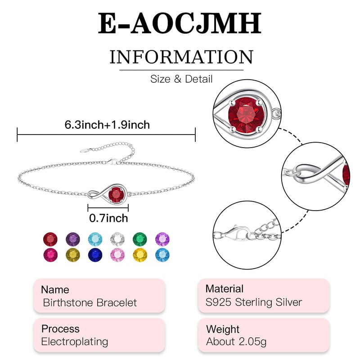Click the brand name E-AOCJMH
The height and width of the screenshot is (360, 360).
tap(180, 25)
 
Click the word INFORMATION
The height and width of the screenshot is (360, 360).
tap(181, 58)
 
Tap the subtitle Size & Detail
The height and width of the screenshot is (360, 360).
tap(181, 79)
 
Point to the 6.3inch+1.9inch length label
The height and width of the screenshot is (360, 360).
tap(107, 125)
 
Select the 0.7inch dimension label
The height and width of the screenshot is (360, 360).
tap(108, 218)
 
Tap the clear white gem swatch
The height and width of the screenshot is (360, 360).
tap(116, 238)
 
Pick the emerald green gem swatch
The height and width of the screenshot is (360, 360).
tap(138, 238)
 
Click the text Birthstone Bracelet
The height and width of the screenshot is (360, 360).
tap(90, 303)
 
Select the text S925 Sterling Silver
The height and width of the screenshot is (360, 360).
tap(254, 302)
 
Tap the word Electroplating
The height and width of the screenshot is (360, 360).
tap(75, 342)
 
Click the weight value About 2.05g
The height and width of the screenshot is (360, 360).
tap(236, 342)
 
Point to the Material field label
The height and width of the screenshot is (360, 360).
tap(224, 289)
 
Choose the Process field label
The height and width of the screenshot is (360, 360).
tap(60, 328)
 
